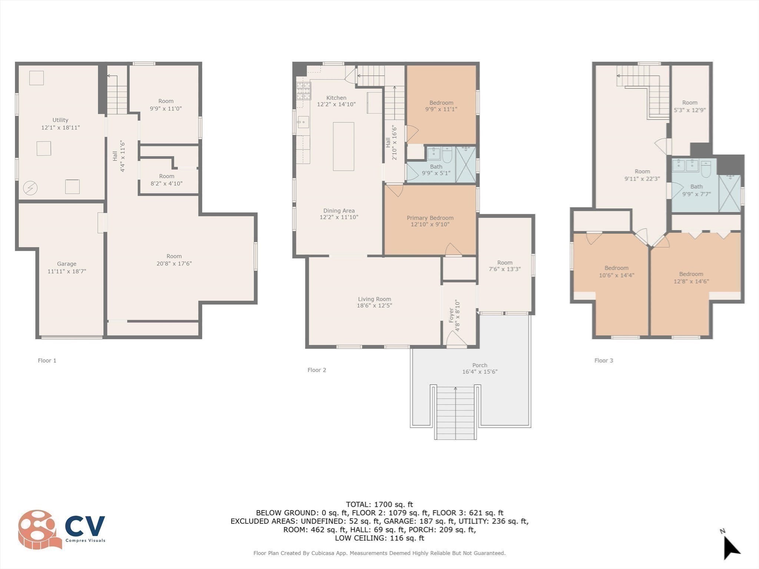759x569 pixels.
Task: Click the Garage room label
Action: pos(67,264)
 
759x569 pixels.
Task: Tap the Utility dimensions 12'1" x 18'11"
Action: pos(60,127)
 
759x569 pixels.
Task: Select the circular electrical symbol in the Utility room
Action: pos(30,188)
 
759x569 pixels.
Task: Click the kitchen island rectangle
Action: pos(343,146)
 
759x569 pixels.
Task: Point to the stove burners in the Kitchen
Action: pos(304,91)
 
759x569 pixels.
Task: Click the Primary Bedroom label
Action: pos(430,218)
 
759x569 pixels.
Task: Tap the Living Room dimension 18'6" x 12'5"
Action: pos(374,306)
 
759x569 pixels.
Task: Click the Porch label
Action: pos(480,365)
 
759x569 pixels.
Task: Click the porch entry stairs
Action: pos(455,413)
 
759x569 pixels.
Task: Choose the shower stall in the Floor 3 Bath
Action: pos(729,193)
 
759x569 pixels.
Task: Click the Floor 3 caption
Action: pos(604,360)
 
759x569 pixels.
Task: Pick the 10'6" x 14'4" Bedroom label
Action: pos(616,268)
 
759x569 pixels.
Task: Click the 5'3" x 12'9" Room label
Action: pos(690,103)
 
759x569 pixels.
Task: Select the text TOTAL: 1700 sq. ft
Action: pos(379,504)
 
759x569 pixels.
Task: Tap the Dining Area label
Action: pos(339,211)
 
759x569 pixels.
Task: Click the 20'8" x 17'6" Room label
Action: pos(174,256)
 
